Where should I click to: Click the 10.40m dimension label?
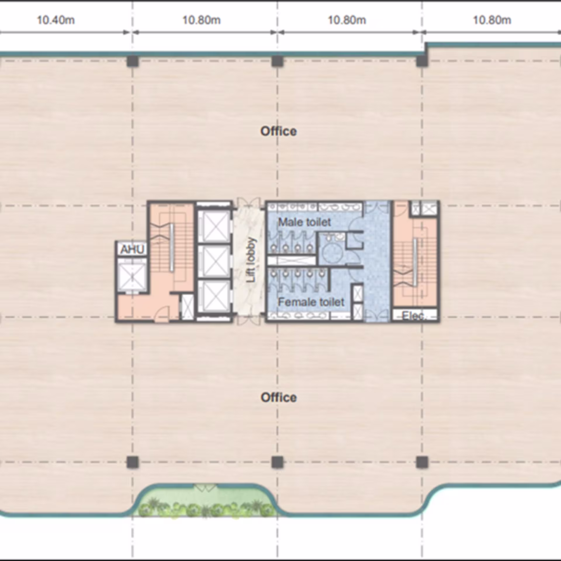tap(56, 20)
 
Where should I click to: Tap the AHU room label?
tap(132, 249)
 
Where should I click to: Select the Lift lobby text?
tap(251, 260)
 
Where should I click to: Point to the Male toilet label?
tap(304, 222)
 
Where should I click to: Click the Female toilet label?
tap(311, 302)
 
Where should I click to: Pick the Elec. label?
tap(413, 316)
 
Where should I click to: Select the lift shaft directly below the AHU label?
tap(132, 276)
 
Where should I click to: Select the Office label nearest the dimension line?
tap(279, 131)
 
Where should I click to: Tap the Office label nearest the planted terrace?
tap(279, 397)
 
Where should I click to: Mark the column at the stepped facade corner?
tap(422, 61)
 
